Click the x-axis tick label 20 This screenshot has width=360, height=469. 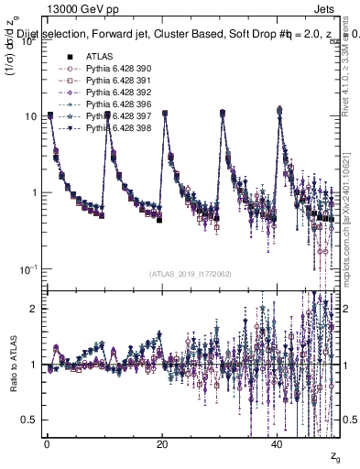coord(162,443)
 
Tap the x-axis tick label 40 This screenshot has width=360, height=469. coord(278,443)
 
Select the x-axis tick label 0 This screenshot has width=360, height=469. coord(46,443)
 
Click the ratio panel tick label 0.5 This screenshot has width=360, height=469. coord(29,420)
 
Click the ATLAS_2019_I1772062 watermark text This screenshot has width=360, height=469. coord(191,273)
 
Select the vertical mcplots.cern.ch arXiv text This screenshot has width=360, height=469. coord(350,220)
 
